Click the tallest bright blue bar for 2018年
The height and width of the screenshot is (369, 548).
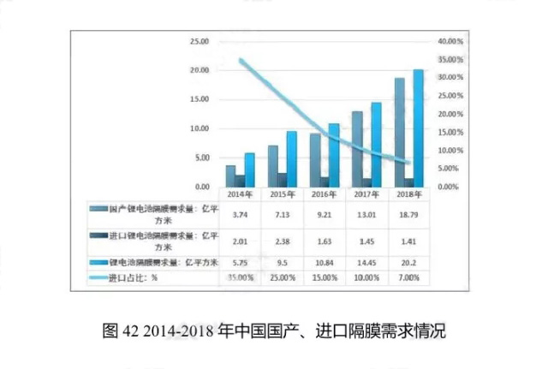tap(418, 128)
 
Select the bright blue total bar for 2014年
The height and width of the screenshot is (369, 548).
tap(249, 170)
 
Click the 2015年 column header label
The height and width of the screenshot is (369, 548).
tap(278, 195)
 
